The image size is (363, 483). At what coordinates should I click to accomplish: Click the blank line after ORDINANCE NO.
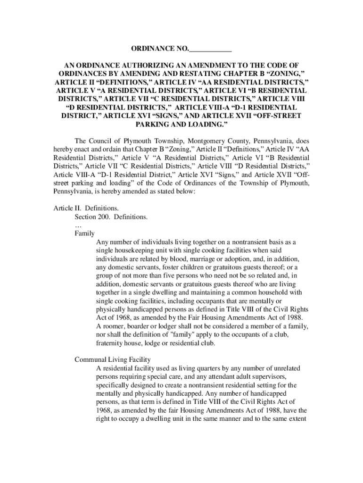210,49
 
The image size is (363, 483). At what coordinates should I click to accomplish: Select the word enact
82,149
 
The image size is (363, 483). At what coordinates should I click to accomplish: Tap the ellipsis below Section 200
78,225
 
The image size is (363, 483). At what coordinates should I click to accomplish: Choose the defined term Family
85,233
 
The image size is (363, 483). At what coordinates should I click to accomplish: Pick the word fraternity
110,343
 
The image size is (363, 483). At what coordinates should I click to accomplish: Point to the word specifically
114,385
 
